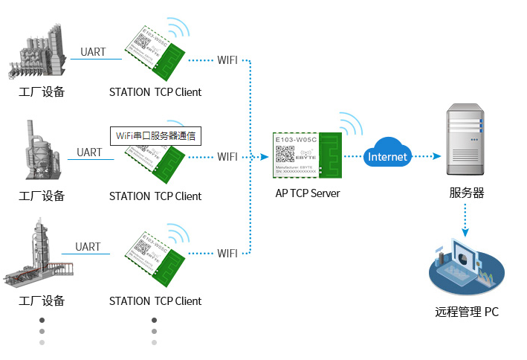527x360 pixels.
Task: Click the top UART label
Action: click(93, 52)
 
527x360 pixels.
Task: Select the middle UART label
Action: click(89, 152)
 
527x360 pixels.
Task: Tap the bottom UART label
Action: click(88, 247)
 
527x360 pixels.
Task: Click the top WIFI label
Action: click(227, 60)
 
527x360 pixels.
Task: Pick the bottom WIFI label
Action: click(227, 254)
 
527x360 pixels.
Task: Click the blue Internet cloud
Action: click(387, 155)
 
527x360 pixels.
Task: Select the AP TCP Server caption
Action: click(308, 193)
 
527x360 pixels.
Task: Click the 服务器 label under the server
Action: click(466, 193)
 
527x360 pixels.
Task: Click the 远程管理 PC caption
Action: click(467, 312)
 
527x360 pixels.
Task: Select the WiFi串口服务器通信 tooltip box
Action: click(157, 136)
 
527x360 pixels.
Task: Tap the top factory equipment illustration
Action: click(41, 52)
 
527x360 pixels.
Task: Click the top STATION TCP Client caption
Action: click(155, 92)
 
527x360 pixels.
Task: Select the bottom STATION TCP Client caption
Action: click(155, 301)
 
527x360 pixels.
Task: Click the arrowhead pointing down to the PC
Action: click(466, 232)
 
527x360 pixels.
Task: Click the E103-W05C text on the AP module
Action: click(296, 139)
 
